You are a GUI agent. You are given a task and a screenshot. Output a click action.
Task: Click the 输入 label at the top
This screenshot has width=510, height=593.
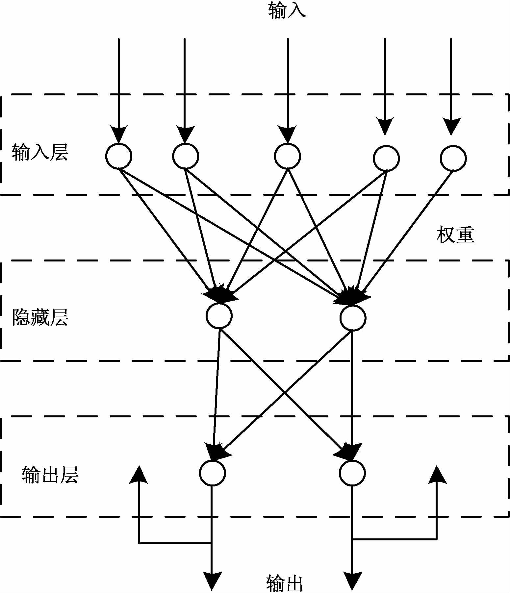[x=287, y=10]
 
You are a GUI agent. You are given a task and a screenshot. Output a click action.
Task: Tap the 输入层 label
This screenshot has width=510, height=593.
[x=40, y=153]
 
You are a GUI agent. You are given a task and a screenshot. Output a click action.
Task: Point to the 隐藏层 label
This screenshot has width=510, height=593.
[x=40, y=317]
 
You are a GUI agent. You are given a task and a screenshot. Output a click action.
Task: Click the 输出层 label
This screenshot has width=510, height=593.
[x=50, y=475]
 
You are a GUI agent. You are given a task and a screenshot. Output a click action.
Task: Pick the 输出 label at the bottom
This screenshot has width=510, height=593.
[x=284, y=583]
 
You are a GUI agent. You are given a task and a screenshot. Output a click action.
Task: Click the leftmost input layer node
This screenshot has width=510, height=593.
[x=119, y=156]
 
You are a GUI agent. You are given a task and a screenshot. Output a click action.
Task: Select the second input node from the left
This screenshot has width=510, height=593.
[x=186, y=156]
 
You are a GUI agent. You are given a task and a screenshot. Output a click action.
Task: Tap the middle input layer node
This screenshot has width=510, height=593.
[x=288, y=156]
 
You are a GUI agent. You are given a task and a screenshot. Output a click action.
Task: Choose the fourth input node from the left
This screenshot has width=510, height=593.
[x=386, y=158]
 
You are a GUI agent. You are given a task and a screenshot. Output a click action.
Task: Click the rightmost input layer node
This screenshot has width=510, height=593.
[x=453, y=158]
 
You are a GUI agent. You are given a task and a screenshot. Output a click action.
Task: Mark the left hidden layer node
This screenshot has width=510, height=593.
[x=219, y=315]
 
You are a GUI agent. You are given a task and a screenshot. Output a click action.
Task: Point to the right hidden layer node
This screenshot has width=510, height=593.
[x=353, y=317]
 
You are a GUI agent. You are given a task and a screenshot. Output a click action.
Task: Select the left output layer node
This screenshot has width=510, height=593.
[x=213, y=473]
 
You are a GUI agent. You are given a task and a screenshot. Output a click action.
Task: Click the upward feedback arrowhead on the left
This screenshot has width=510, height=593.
[x=139, y=475]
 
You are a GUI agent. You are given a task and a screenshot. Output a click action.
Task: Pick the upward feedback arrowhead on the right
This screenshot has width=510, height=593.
[x=437, y=475]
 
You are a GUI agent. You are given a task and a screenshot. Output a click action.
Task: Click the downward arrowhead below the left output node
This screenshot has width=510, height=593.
[x=212, y=581]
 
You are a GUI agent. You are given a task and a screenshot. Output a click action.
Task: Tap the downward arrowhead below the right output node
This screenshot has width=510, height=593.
[x=352, y=581]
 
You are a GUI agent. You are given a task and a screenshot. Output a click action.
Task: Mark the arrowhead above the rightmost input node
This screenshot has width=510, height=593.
[x=451, y=127]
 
